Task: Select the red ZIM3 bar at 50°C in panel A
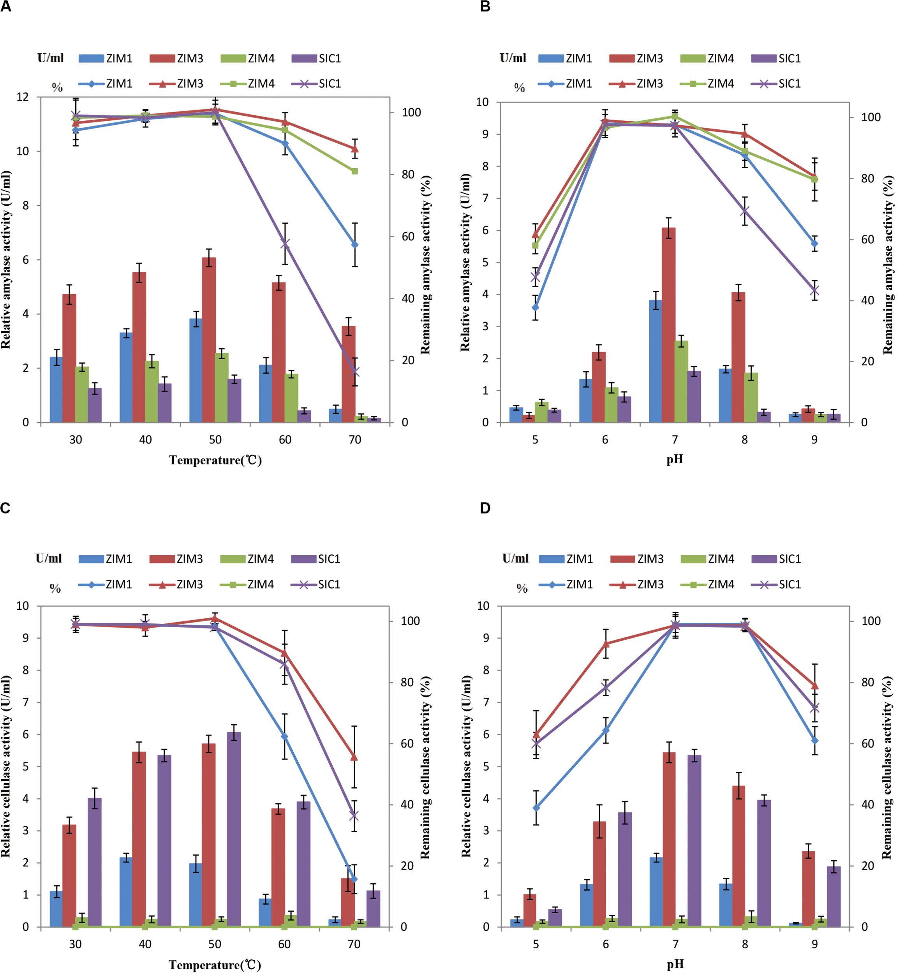point(209,340)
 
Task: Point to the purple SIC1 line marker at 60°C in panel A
point(285,244)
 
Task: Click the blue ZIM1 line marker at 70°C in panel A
point(355,245)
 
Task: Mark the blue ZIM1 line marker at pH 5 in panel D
point(536,808)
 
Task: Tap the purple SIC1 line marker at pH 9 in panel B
point(814,290)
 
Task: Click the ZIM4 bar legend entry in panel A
point(248,59)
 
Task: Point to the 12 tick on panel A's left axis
point(23,97)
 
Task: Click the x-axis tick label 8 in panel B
point(745,440)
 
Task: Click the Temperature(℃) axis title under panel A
point(215,460)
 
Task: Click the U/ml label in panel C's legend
point(49,558)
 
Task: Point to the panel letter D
point(485,508)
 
